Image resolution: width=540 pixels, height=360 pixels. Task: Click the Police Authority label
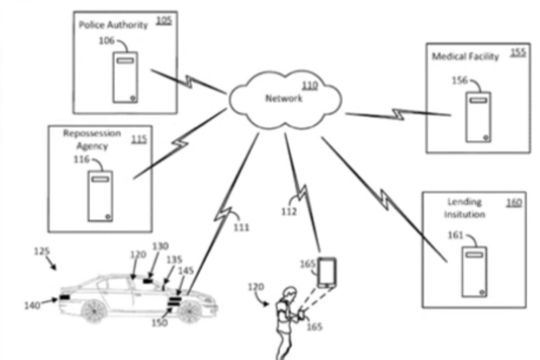click(x=113, y=25)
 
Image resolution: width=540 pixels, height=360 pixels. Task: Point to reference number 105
click(x=164, y=21)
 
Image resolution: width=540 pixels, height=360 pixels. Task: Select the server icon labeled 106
click(x=125, y=77)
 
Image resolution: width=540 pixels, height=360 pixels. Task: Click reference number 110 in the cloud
click(x=310, y=85)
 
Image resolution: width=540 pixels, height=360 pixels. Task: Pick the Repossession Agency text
click(x=92, y=139)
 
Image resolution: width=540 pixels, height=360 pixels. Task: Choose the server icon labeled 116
click(x=100, y=196)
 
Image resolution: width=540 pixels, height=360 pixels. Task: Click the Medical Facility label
click(x=465, y=57)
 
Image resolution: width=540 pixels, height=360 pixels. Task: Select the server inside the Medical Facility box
click(x=478, y=117)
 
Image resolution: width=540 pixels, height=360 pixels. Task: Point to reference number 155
click(x=518, y=53)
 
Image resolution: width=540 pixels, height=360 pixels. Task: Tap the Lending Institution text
click(x=464, y=208)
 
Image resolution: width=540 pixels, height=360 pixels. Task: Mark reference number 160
click(x=514, y=202)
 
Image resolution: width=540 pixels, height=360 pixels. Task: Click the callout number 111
click(x=241, y=228)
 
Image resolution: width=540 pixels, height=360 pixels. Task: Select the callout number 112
click(x=289, y=211)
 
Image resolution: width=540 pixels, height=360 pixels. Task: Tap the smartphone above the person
click(x=327, y=272)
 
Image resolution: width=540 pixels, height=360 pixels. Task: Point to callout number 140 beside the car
click(x=33, y=306)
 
